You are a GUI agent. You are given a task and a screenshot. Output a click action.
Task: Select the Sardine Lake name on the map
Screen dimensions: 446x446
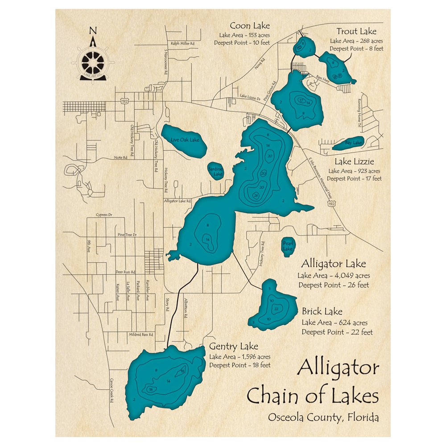[216, 172]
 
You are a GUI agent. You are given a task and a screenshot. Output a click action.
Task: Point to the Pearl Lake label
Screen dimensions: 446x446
[288, 246]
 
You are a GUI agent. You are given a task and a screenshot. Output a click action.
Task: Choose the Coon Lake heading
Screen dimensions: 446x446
[250, 25]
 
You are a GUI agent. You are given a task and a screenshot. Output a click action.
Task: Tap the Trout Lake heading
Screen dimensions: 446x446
[356, 31]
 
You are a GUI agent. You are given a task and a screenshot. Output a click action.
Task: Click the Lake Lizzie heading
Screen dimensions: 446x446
[355, 161]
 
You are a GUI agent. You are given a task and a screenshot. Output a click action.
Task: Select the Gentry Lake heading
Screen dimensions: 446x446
[234, 347]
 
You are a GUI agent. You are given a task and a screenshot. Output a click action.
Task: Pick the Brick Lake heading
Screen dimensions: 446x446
[322, 311]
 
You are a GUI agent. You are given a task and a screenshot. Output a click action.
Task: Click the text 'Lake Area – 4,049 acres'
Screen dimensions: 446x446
[334, 276]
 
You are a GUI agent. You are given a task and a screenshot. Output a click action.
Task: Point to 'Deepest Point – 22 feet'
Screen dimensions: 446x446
[337, 332]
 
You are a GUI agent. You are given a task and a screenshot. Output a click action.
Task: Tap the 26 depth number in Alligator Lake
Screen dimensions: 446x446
[256, 195]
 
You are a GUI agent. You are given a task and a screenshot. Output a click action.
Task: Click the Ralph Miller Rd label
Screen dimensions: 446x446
[183, 44]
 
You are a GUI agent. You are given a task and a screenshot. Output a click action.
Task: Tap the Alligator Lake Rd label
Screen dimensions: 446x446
[178, 201]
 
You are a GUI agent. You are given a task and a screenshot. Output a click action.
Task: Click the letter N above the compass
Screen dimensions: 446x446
[93, 30]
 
